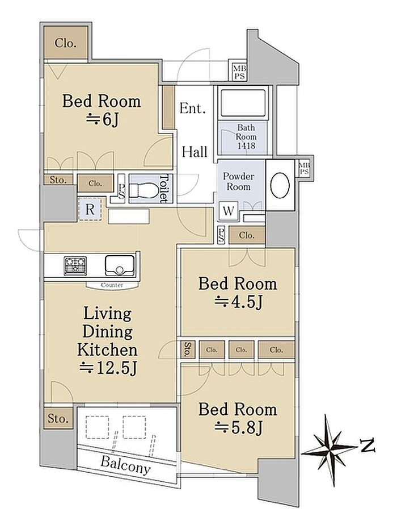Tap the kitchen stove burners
point(75,265)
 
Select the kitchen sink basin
point(120,265)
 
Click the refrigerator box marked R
point(90,210)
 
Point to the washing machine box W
point(229,211)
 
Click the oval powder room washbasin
point(280,186)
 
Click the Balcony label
point(125,465)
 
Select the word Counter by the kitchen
point(112,285)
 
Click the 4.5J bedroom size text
point(238,302)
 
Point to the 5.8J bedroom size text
point(238,428)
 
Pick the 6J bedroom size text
point(102,119)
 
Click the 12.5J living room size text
point(108,368)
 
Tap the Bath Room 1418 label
point(246,136)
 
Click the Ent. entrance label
point(192,109)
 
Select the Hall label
point(195,152)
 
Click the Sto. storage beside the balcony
point(58,418)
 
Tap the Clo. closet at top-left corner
point(65,43)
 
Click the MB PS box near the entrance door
point(239,72)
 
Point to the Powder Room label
point(239,181)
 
